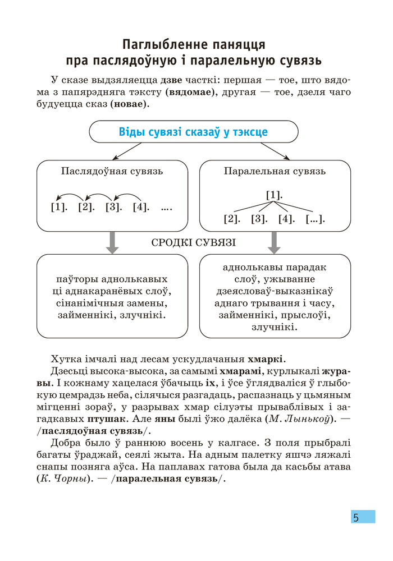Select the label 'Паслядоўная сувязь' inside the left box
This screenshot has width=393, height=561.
point(112,171)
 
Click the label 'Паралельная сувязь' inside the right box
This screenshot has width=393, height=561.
point(275,171)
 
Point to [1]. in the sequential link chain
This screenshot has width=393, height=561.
point(59,208)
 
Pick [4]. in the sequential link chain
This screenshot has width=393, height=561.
point(141,208)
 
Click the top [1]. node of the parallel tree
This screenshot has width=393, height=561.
point(274,195)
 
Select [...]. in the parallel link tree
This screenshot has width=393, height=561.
point(316,219)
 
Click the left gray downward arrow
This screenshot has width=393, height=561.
point(112,242)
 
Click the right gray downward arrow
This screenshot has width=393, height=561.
point(275,242)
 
